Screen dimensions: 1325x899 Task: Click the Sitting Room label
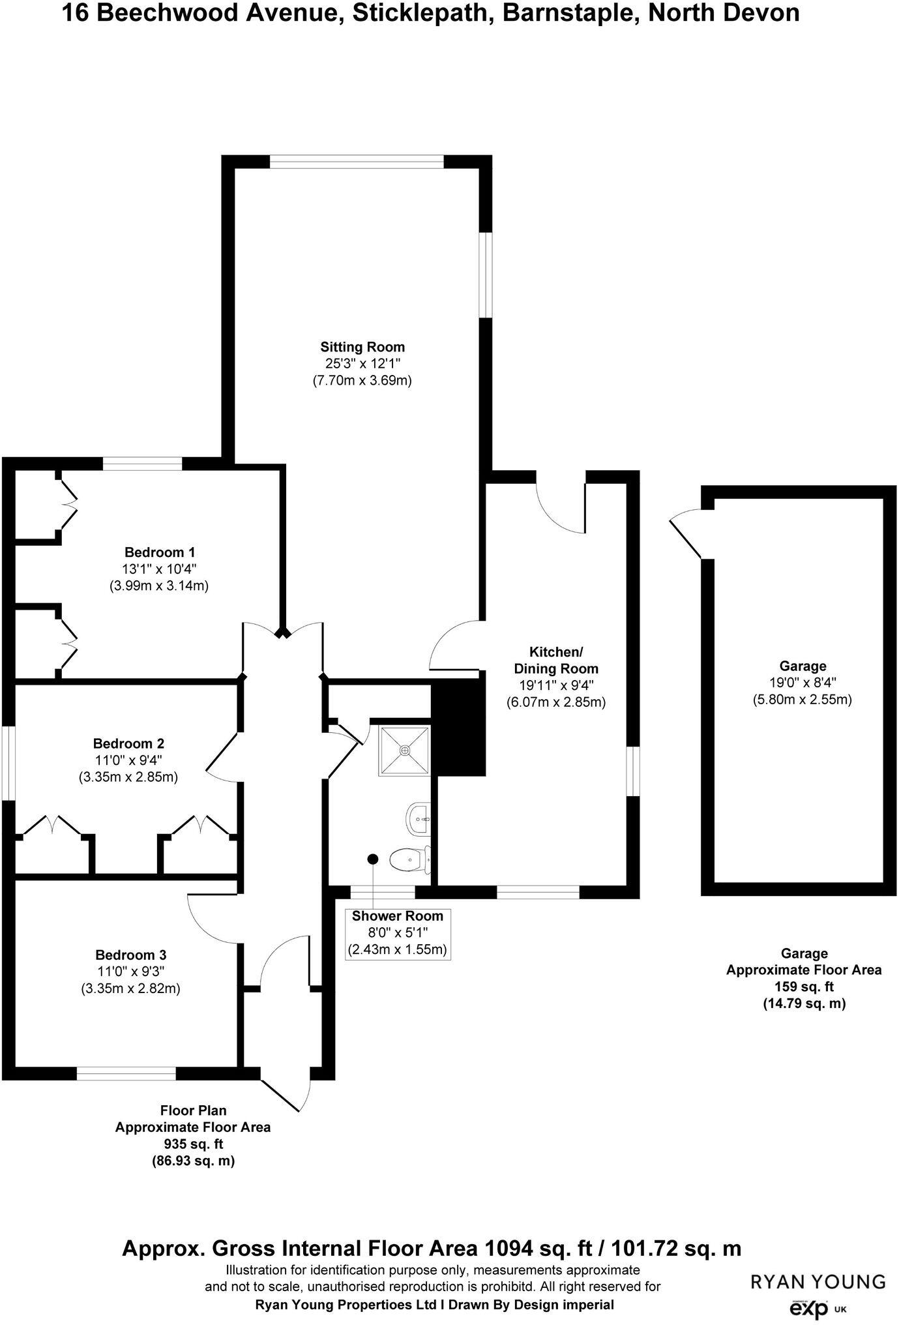point(362,347)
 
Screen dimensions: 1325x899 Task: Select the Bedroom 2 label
point(128,743)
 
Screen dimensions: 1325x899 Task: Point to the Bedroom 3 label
point(130,955)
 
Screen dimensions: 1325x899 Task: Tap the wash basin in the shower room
point(419,818)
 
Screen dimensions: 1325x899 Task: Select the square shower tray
point(404,750)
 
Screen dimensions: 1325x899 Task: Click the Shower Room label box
point(397,932)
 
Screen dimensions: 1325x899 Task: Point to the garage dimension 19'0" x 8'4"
point(803,683)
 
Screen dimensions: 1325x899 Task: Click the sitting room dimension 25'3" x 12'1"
point(362,364)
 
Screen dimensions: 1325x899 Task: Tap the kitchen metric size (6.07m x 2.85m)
point(556,702)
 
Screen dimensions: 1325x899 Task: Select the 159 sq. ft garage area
point(804,987)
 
